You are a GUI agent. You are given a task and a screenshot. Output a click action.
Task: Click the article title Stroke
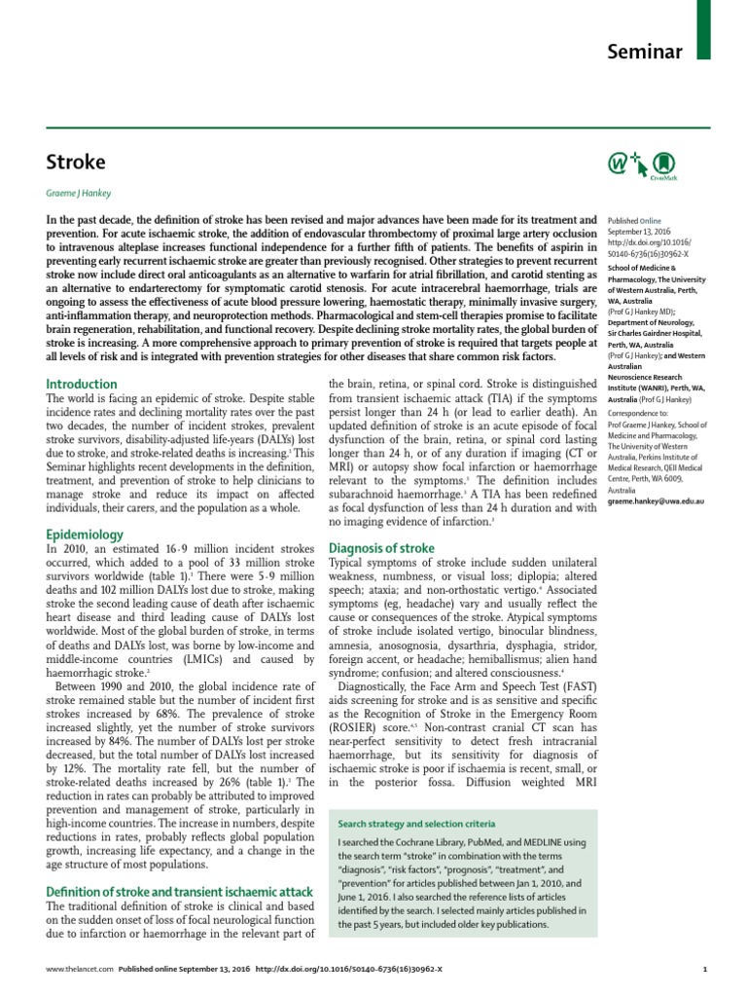(76, 161)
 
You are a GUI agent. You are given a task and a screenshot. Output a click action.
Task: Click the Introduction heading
(82, 385)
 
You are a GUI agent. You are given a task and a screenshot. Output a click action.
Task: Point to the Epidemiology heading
(86, 535)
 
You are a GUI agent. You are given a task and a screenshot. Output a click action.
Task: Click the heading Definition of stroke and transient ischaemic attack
(180, 892)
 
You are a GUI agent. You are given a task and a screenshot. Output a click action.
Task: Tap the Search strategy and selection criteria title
(416, 823)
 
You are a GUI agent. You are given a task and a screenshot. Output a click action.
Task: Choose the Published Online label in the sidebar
(639, 221)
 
